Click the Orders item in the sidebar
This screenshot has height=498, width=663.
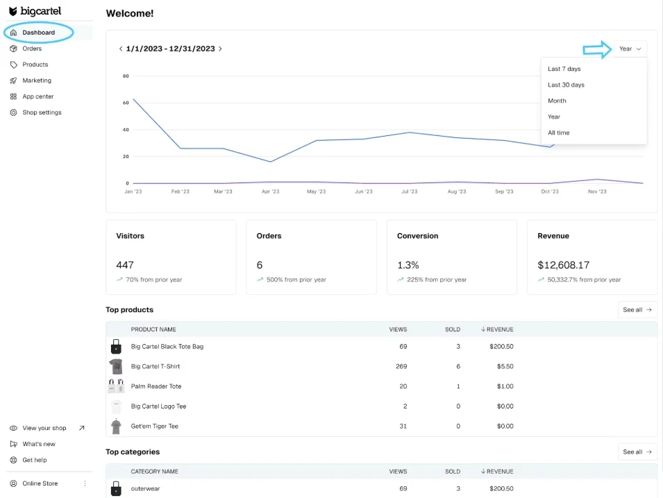[32, 49]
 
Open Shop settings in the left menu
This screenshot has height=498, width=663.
[42, 112]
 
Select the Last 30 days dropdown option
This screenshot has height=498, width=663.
[566, 85]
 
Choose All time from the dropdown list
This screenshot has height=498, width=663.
[558, 132]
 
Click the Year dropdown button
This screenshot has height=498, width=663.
[630, 49]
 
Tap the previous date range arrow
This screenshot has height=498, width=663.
[121, 49]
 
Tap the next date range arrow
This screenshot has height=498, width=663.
[221, 49]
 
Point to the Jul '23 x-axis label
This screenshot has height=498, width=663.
[409, 191]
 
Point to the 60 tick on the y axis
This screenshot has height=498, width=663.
[126, 103]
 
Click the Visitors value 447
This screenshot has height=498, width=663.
[125, 265]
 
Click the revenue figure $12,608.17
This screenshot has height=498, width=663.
[563, 265]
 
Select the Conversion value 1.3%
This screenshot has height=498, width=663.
[408, 265]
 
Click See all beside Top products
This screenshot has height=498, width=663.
[637, 310]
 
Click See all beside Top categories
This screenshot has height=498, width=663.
[637, 452]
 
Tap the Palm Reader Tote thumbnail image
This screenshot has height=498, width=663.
[116, 386]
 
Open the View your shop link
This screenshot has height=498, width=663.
[44, 428]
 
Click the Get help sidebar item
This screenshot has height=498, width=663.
[35, 460]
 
